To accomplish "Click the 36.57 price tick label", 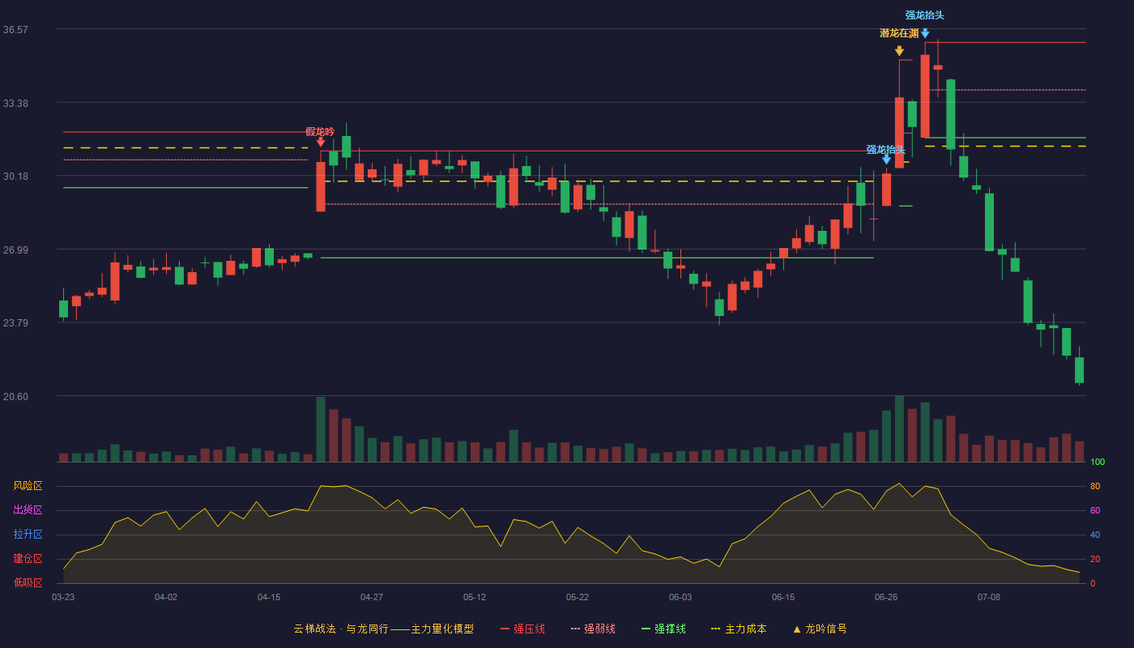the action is [15, 30].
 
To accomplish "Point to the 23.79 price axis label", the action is [15, 323].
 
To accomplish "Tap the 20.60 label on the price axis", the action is [15, 396].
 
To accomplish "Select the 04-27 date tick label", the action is [372, 598].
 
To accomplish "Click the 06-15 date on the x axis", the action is [783, 598].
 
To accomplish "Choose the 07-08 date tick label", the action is [989, 598].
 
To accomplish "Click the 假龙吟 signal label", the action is [320, 131].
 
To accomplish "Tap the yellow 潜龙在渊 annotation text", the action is [899, 33].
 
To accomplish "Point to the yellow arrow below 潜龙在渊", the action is [899, 51].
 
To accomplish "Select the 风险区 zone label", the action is [28, 485].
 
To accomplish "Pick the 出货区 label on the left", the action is [28, 509].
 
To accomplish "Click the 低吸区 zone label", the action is [28, 582].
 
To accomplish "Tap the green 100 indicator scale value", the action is [1098, 462].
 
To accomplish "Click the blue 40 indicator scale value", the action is [1095, 535].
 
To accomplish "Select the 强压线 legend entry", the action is [522, 629].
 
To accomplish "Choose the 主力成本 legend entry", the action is [739, 629].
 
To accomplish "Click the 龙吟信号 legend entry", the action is [820, 629].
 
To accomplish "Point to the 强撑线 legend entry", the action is [663, 629].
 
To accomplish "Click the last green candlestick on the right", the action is [1079, 370].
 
